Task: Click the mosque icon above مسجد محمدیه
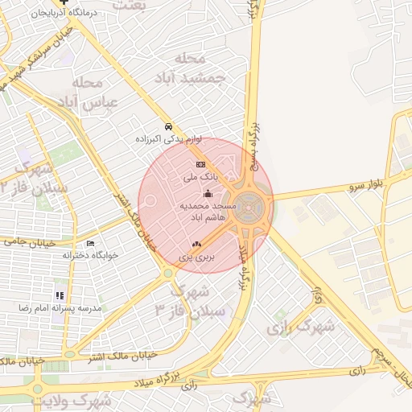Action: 208,193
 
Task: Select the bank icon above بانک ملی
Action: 200,164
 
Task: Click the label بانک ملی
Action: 200,175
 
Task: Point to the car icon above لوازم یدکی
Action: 167,127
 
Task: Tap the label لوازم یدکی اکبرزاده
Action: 167,139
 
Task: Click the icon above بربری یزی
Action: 196,244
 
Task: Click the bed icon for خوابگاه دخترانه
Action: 90,243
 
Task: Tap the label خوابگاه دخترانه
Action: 90,254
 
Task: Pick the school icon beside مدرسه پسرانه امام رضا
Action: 60,296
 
